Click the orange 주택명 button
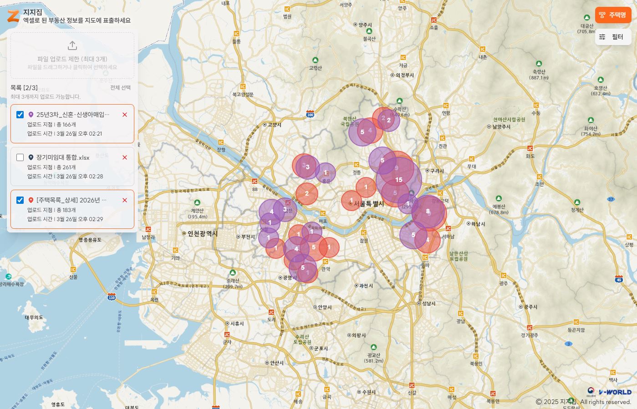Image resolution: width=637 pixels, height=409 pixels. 613,15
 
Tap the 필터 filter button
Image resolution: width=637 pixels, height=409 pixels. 613,37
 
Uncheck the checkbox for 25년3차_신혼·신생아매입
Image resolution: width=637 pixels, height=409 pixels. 20,115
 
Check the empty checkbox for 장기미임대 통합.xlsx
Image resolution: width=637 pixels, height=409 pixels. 20,157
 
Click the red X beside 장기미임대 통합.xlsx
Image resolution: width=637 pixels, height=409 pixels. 125,157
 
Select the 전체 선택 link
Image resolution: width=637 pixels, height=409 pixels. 120,88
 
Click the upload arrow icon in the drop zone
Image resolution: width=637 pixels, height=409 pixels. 72,45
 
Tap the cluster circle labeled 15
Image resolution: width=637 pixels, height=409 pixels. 399,180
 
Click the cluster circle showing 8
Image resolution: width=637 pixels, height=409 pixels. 428,211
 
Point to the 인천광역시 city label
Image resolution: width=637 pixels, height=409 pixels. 203,234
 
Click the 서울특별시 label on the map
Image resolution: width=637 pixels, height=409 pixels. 369,204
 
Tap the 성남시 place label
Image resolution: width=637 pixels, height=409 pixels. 428,303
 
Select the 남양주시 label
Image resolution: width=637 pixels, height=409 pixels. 501,127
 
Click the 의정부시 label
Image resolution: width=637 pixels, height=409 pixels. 404,76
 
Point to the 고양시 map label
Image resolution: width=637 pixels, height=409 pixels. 274,125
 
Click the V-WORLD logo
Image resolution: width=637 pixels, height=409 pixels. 615,392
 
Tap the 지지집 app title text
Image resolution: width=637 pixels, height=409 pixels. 33,12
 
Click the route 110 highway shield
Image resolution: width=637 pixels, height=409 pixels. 112,298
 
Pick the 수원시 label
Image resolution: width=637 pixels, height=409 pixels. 369,392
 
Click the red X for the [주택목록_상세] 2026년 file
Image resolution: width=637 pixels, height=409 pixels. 125,200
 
